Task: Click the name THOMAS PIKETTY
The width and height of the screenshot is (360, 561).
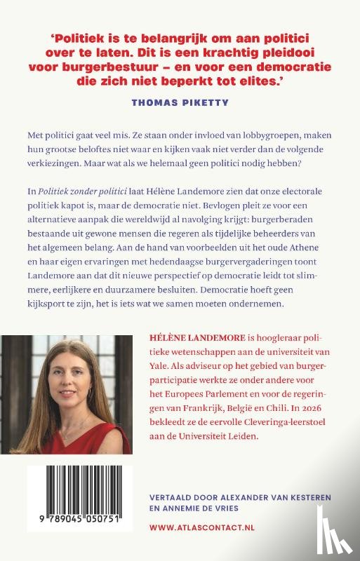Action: (x=180, y=102)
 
